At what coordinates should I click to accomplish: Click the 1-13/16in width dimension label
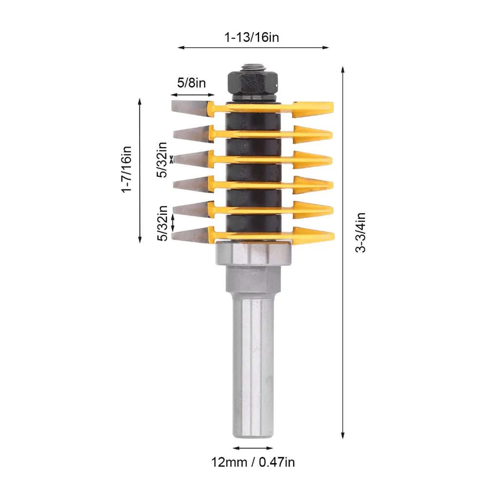(252, 37)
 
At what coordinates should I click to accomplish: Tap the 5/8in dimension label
(191, 83)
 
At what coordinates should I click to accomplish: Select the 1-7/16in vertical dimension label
(127, 169)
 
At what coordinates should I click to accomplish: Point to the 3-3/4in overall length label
(360, 233)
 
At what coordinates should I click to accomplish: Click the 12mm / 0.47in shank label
(253, 462)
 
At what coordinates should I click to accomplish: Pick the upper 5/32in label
(162, 160)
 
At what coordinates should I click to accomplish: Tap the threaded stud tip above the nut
(252, 68)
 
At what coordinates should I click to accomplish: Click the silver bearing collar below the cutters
(253, 253)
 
